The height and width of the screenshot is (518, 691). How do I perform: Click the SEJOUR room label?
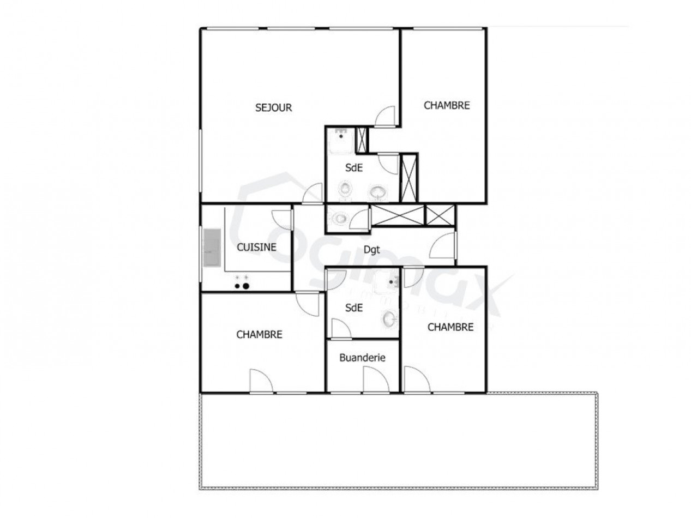click(x=274, y=107)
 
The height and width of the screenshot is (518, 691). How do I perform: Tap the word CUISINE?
click(x=256, y=247)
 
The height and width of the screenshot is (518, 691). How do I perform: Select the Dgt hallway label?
click(x=372, y=251)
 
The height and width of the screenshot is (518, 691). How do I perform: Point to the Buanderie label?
click(x=363, y=358)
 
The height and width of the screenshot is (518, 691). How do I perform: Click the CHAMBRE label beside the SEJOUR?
click(x=447, y=105)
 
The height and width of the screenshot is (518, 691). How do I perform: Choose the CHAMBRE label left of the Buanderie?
click(x=259, y=334)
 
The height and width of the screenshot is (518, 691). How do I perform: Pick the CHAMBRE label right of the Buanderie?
click(x=450, y=327)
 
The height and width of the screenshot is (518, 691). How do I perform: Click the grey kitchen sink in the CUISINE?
click(x=212, y=248)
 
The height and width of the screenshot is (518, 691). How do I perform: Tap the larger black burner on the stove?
click(x=246, y=285)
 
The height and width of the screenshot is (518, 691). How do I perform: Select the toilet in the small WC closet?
click(x=339, y=219)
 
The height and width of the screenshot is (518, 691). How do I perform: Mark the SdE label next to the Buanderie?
click(x=354, y=308)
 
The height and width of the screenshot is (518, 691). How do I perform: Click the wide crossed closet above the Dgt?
click(x=397, y=215)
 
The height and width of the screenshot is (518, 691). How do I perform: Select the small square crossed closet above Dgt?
click(x=440, y=215)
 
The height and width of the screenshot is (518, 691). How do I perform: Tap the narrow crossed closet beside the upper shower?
click(x=362, y=140)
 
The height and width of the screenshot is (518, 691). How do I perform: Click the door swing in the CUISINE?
click(x=283, y=219)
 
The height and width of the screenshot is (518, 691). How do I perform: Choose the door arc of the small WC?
click(x=360, y=218)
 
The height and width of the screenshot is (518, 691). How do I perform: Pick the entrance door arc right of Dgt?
click(x=443, y=246)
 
